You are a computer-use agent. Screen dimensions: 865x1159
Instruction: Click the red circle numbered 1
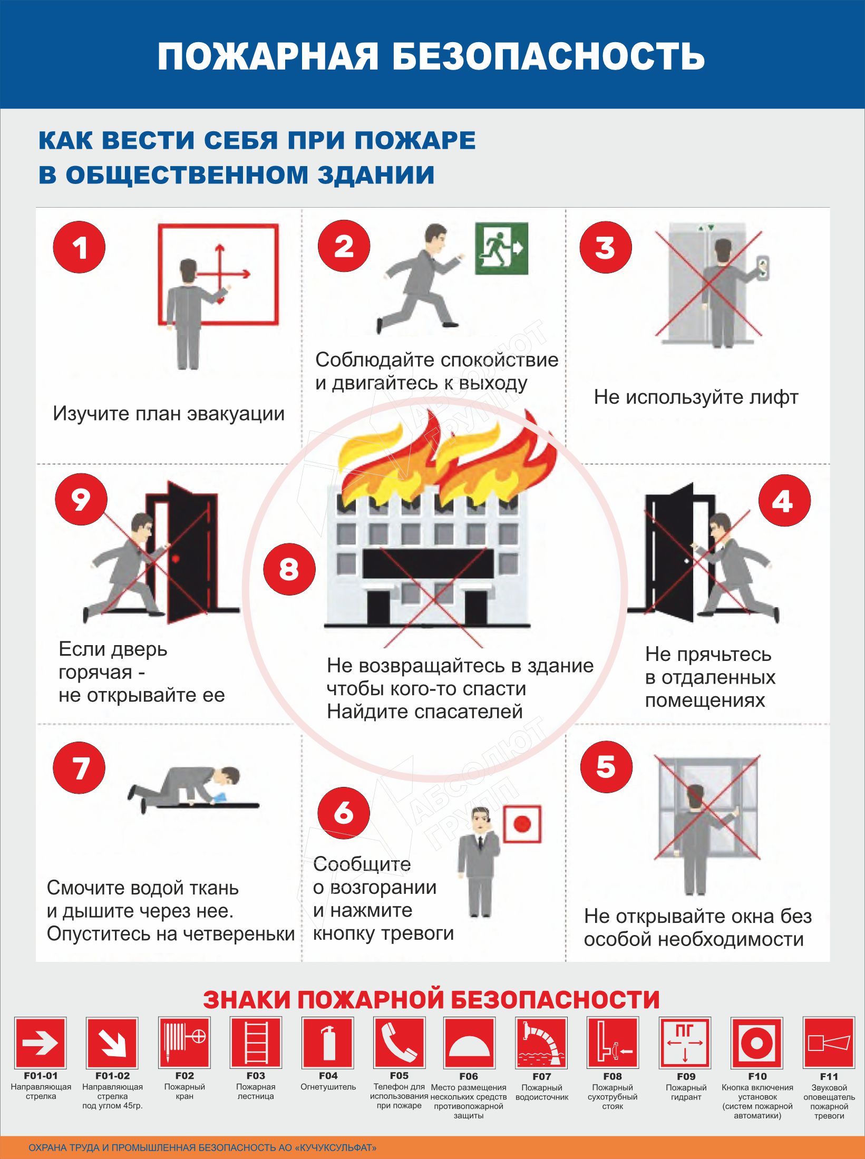pos(79,247)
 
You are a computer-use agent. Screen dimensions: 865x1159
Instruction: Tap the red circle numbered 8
pos(289,569)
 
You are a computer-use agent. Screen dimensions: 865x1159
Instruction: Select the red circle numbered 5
pos(606,767)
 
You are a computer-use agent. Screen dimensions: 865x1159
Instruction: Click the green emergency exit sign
pos(501,248)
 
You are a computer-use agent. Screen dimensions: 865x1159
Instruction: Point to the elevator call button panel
pos(762,267)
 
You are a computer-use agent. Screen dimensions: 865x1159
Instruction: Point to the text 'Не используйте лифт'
pos(696,397)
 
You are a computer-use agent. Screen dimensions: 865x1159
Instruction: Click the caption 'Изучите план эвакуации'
pos(169,414)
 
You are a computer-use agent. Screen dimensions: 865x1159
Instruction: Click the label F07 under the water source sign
pos(541,1077)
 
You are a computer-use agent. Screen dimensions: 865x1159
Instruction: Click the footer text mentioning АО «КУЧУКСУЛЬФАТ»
pos(203,1147)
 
